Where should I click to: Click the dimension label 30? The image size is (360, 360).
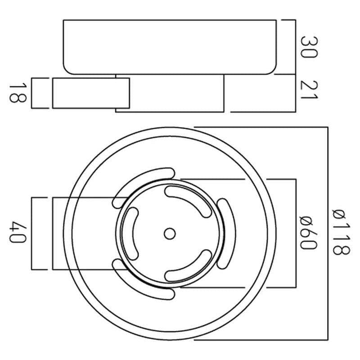(x=309, y=47)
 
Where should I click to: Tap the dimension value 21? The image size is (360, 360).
(x=309, y=90)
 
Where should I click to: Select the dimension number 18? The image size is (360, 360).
(x=18, y=93)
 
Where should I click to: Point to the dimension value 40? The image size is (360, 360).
(x=18, y=232)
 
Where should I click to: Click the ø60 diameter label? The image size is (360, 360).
(x=309, y=233)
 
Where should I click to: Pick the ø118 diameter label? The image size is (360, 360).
(x=342, y=232)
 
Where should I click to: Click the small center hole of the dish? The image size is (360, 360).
(x=170, y=234)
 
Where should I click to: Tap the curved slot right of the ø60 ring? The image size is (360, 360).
(x=226, y=234)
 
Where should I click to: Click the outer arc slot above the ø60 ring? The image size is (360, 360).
(x=144, y=188)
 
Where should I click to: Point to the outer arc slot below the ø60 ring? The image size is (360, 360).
(x=144, y=279)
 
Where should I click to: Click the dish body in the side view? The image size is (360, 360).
(x=170, y=47)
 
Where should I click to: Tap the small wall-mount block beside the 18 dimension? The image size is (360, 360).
(x=91, y=93)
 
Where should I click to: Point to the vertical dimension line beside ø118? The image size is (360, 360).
(x=328, y=234)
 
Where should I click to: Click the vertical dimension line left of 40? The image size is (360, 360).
(x=31, y=233)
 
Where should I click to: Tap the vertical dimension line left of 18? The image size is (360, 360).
(x=31, y=93)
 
